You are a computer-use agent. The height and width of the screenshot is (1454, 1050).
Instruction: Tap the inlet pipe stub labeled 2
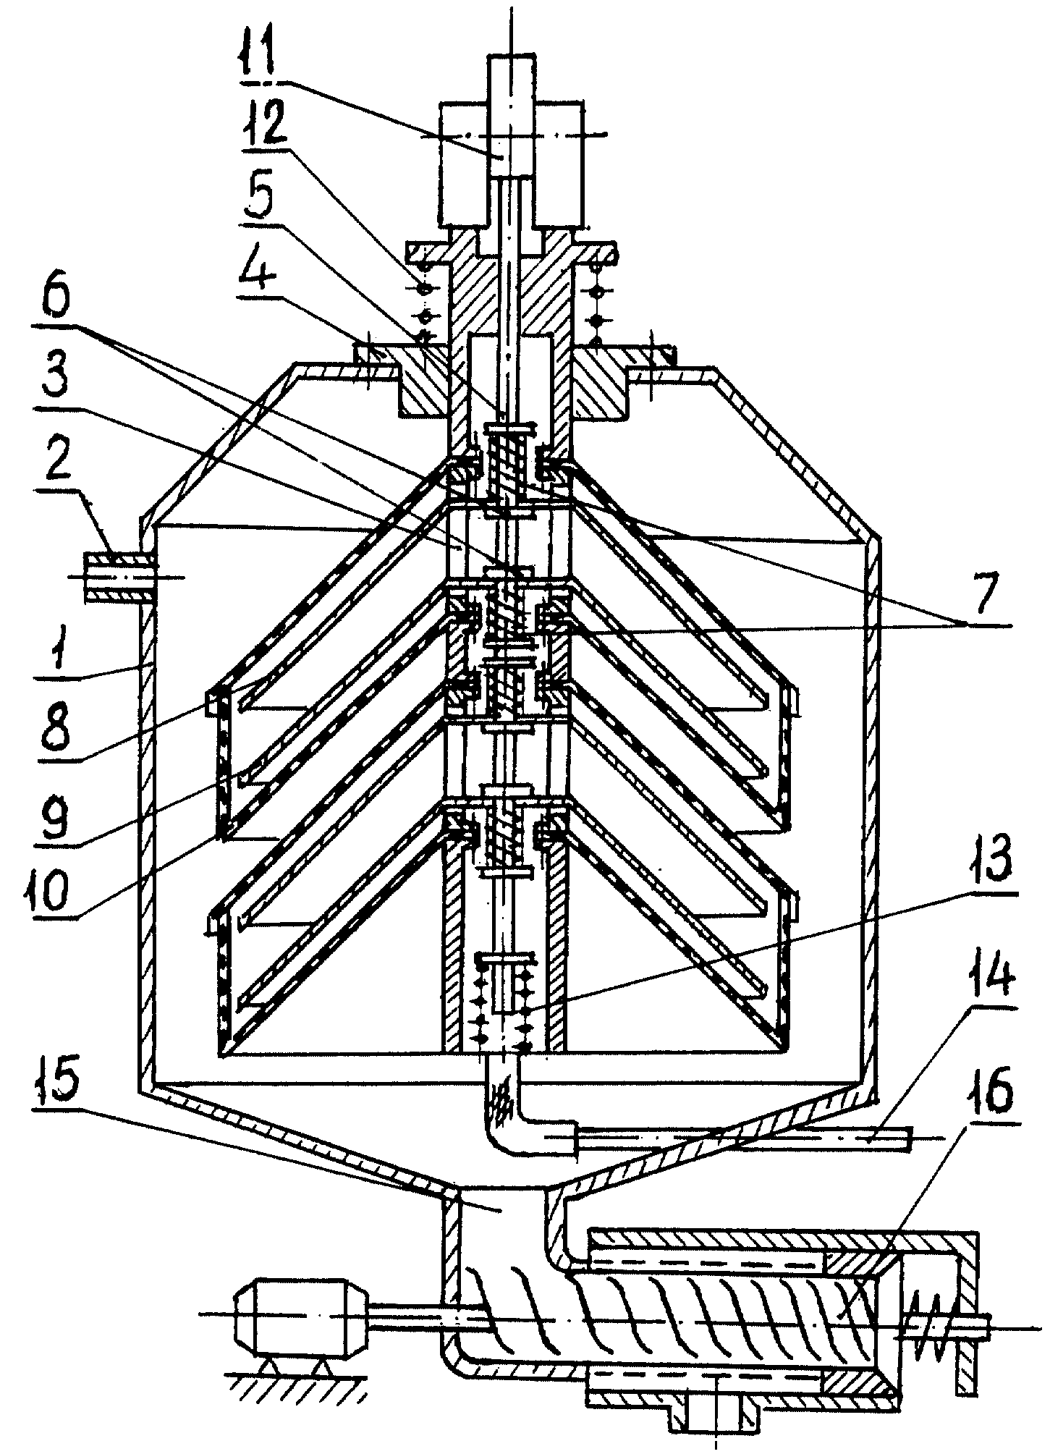[x=118, y=577]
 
